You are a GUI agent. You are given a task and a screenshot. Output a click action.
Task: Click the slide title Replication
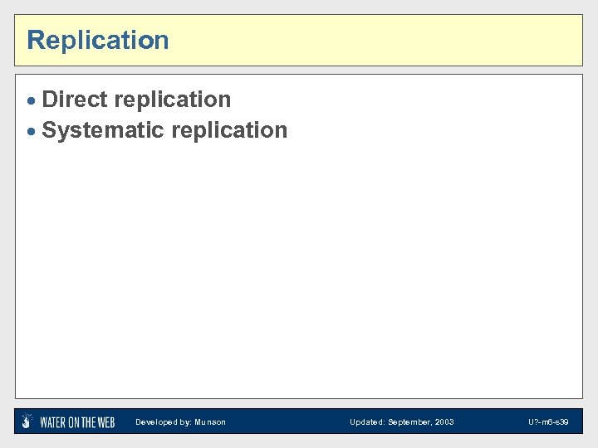98,40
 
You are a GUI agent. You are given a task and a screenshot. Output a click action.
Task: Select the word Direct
75,100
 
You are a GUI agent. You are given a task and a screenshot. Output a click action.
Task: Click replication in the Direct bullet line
173,100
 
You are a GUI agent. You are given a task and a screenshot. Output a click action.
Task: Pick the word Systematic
103,130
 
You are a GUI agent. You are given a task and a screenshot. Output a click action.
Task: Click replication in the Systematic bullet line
229,131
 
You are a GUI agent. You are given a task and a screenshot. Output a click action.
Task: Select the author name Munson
209,422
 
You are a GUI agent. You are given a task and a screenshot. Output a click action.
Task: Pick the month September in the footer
409,422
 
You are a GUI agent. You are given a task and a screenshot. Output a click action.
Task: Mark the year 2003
445,422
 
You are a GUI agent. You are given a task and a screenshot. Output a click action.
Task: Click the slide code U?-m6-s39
548,422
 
